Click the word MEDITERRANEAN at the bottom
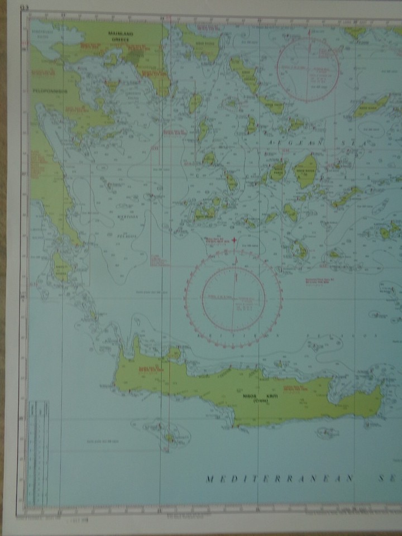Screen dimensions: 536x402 279,479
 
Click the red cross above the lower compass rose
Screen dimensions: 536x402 234,241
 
